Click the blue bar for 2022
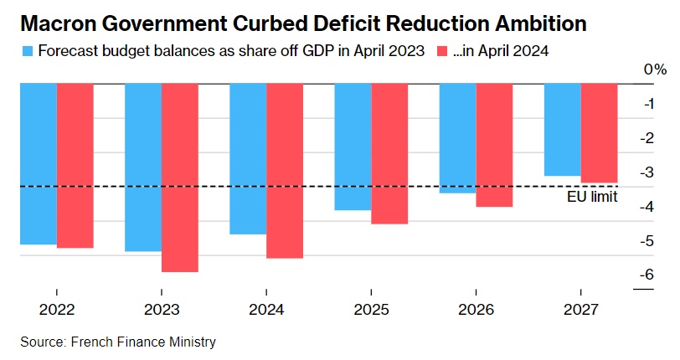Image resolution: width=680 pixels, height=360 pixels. click(x=39, y=164)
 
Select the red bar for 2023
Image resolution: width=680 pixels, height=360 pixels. click(x=180, y=177)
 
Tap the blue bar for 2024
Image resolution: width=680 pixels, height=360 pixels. click(x=248, y=158)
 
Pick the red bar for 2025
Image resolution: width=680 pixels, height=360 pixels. click(x=389, y=153)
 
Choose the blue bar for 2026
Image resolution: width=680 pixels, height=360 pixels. click(x=457, y=138)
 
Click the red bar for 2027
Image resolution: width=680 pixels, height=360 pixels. click(x=599, y=132)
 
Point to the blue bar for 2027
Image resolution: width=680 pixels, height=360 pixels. click(x=562, y=130)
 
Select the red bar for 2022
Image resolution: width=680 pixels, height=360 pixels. click(x=75, y=166)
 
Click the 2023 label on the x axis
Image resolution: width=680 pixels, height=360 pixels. click(x=162, y=309)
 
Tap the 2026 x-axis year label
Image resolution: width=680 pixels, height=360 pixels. click(x=476, y=309)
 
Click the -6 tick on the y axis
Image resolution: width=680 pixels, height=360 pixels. click(x=647, y=275)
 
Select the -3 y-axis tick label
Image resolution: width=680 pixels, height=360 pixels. click(x=647, y=172)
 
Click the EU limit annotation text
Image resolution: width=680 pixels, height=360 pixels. click(x=592, y=197)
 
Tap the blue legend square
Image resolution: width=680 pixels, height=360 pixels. click(x=27, y=51)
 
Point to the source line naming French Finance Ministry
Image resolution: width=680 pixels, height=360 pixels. click(x=118, y=342)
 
